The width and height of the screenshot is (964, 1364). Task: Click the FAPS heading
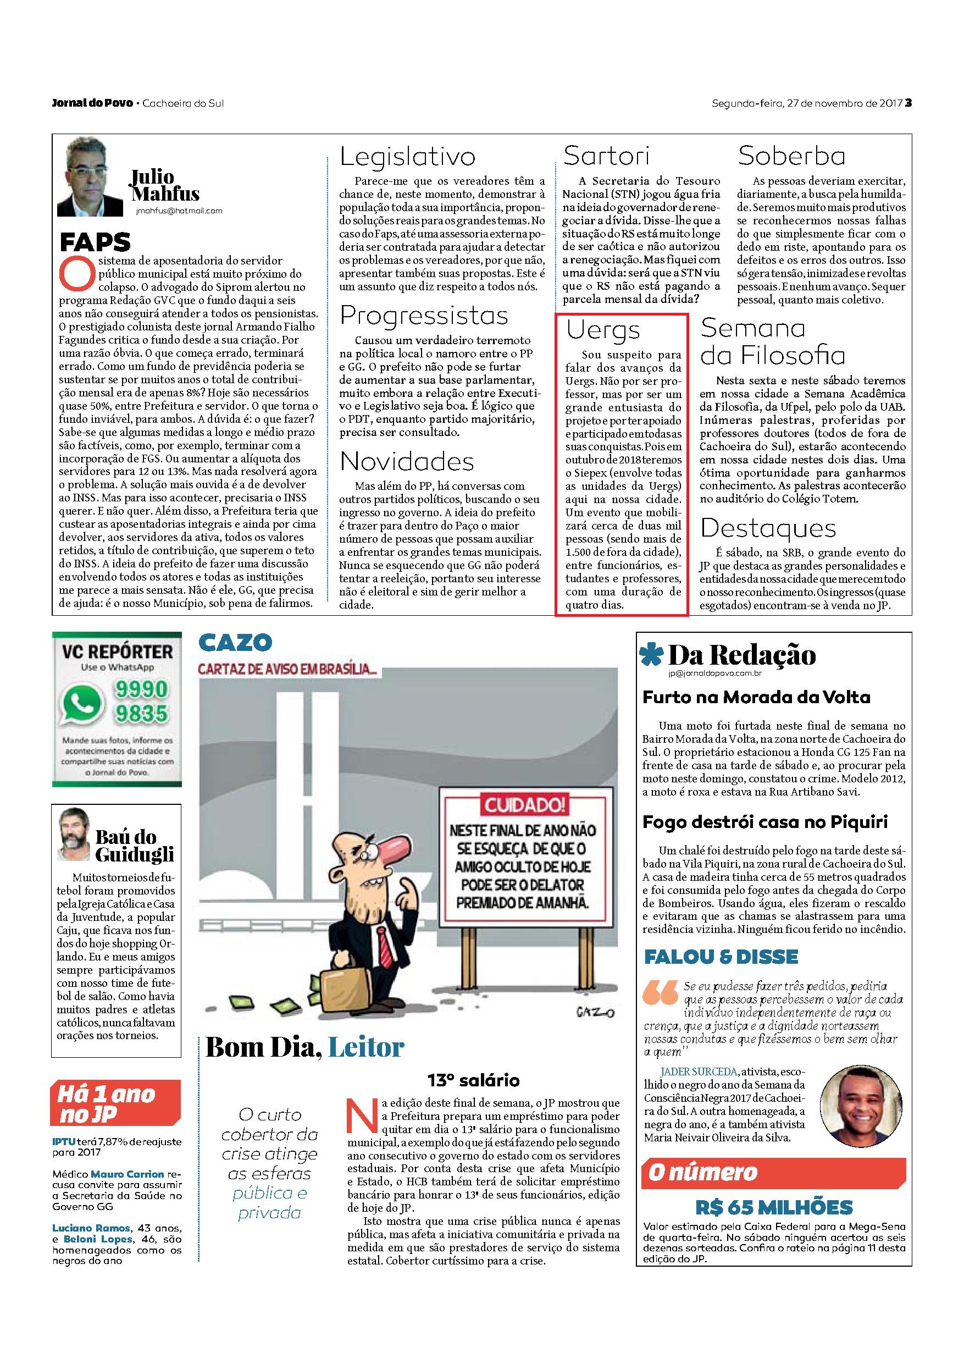[95, 242]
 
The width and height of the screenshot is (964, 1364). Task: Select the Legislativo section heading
[407, 156]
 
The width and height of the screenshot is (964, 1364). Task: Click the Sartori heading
[606, 156]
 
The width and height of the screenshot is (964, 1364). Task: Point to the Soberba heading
[792, 156]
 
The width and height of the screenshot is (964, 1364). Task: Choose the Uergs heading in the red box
[603, 330]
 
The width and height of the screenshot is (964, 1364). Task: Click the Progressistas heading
[424, 316]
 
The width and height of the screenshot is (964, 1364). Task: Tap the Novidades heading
[407, 462]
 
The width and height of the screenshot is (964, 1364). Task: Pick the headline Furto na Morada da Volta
[756, 698]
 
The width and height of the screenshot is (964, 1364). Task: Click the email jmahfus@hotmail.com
[179, 211]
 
